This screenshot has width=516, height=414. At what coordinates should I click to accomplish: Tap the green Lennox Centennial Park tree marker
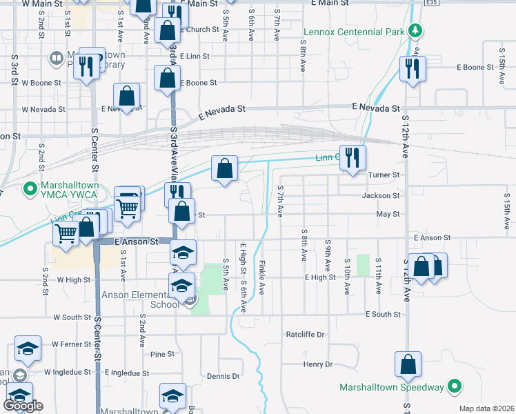415,31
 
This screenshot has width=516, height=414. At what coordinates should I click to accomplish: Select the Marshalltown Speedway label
391,387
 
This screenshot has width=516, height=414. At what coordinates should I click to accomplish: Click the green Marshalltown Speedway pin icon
455,387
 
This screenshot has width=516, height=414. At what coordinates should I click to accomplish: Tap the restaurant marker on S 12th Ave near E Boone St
413,69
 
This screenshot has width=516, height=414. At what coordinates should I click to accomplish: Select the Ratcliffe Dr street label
305,334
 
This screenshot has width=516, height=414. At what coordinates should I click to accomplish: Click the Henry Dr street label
317,364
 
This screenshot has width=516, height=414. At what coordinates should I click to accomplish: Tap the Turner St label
384,175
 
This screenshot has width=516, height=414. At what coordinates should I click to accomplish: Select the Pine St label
162,354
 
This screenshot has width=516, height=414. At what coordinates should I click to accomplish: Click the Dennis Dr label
223,376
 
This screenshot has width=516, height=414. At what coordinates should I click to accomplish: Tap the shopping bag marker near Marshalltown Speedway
408,364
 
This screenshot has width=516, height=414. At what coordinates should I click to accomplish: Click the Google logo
23,406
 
